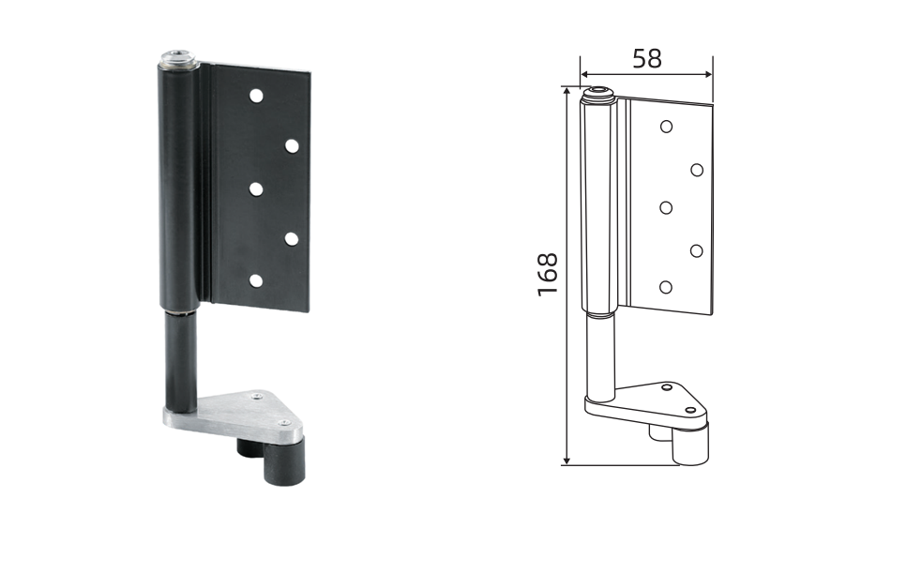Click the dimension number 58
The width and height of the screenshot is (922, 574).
(647, 58)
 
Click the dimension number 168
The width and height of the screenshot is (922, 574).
(548, 274)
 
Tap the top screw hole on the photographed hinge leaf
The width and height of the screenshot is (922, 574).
(256, 96)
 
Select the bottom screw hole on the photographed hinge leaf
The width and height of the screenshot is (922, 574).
(256, 280)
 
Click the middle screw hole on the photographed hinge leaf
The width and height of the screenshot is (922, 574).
(256, 189)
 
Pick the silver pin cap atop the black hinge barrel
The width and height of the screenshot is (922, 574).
(180, 60)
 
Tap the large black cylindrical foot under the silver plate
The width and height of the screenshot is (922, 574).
(284, 463)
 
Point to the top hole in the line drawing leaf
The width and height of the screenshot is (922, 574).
(666, 127)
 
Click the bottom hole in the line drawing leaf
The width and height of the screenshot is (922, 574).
(666, 287)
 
